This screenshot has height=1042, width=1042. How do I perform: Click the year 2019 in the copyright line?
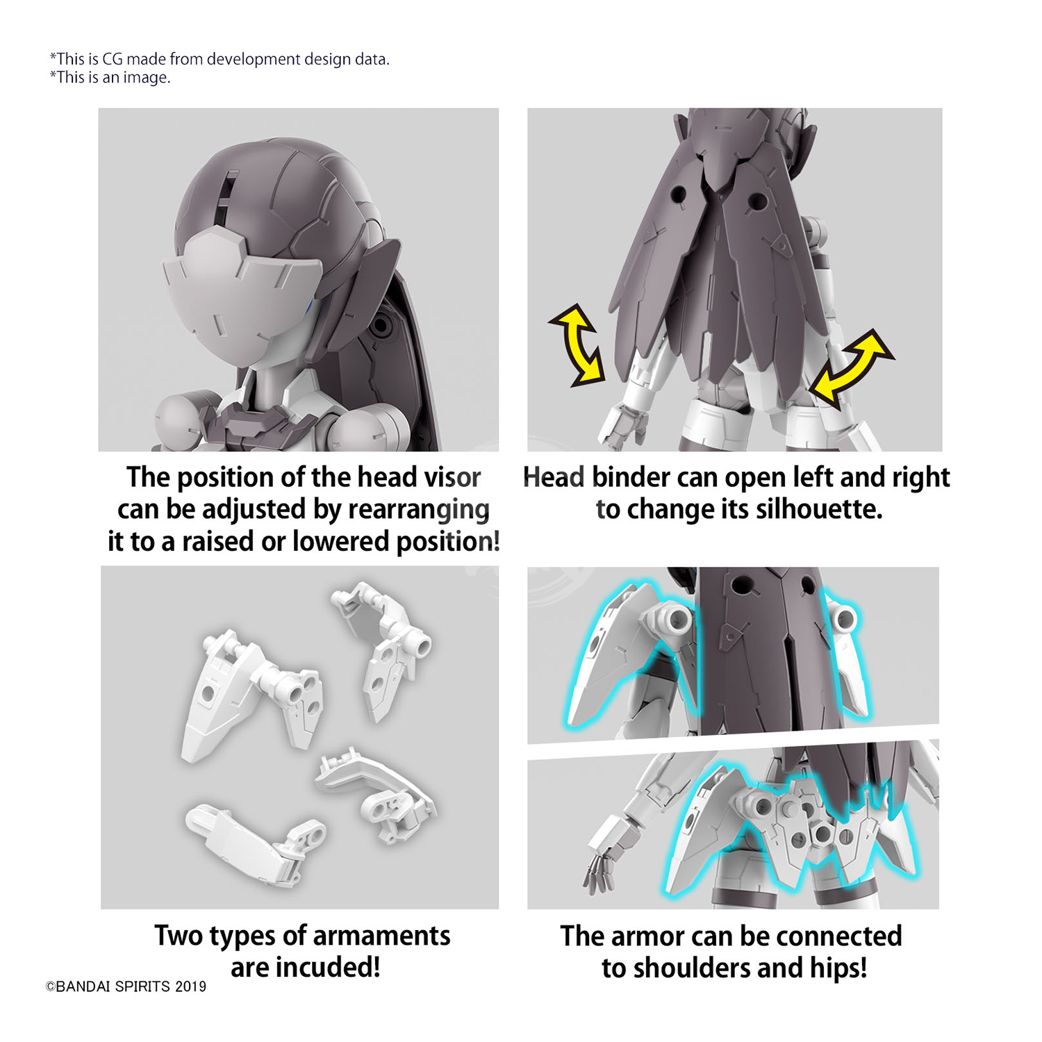(190, 986)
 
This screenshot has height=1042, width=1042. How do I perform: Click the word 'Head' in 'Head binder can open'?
(554, 477)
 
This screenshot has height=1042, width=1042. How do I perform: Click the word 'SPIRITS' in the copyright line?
(143, 986)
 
